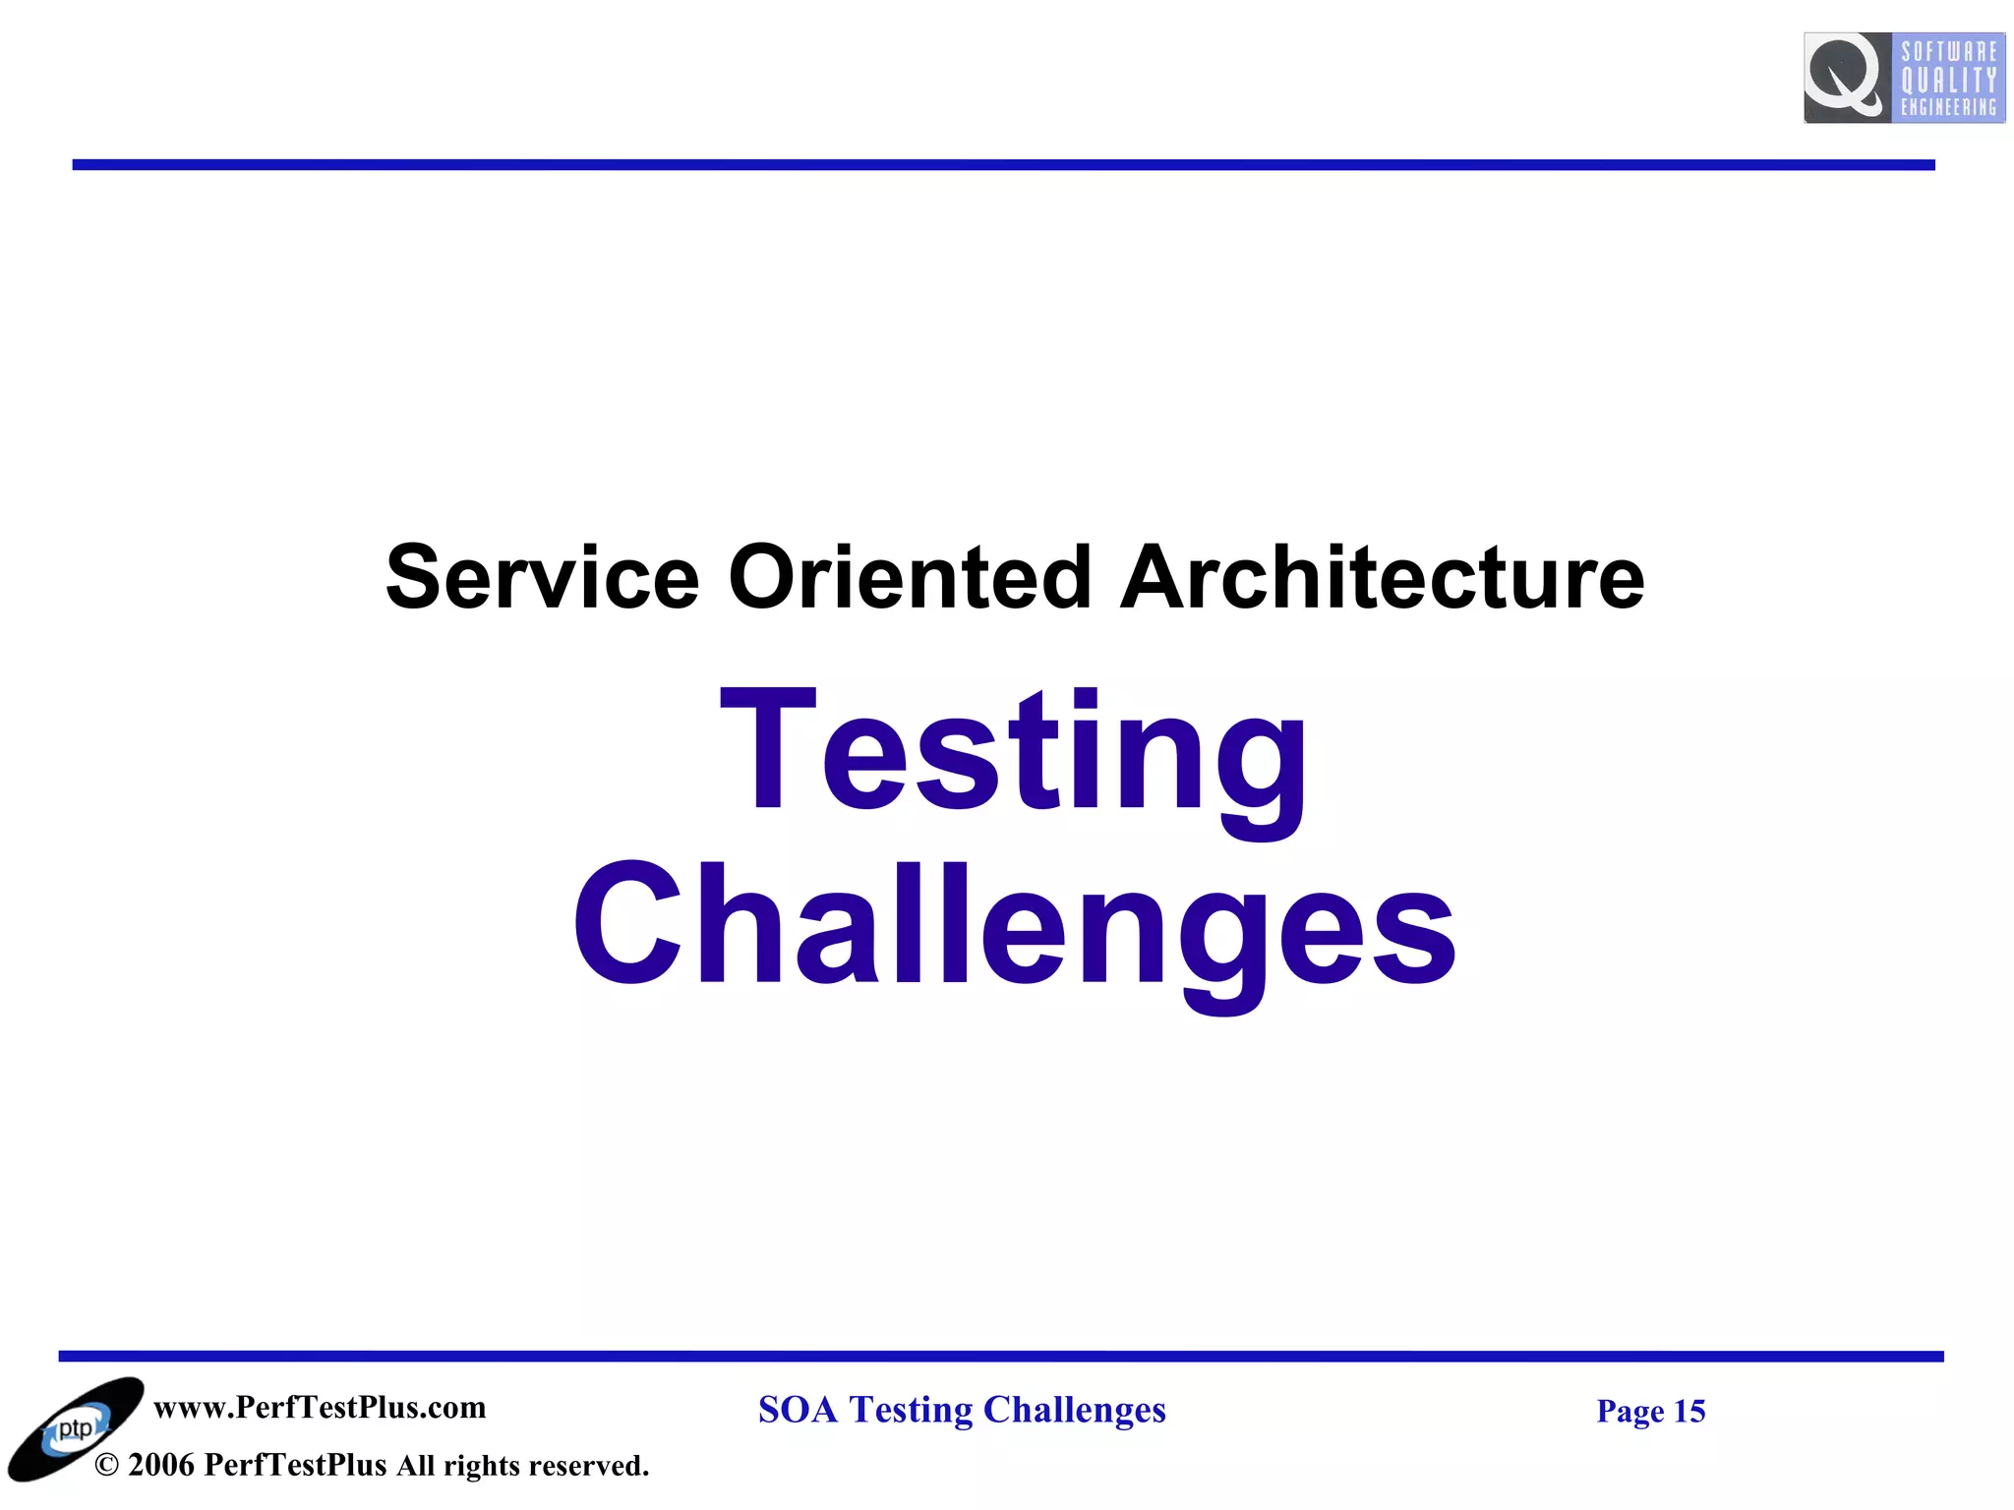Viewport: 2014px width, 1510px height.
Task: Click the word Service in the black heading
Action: pyautogui.click(x=542, y=577)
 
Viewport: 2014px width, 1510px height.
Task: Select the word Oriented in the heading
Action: pyautogui.click(x=910, y=577)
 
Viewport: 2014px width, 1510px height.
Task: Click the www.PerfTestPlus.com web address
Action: pyautogui.click(x=320, y=1408)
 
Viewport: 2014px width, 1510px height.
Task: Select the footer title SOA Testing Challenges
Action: pyautogui.click(x=962, y=1410)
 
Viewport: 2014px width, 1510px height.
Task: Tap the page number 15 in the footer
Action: pyautogui.click(x=1689, y=1412)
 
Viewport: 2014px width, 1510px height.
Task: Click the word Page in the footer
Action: pyautogui.click(x=1630, y=1412)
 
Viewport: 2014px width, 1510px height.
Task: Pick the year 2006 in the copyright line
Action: pyautogui.click(x=161, y=1466)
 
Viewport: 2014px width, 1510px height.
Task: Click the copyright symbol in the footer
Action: pyautogui.click(x=107, y=1466)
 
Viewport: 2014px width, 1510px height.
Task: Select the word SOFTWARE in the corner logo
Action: pyautogui.click(x=1948, y=51)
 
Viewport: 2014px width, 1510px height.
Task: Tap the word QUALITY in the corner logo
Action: pyautogui.click(x=1948, y=80)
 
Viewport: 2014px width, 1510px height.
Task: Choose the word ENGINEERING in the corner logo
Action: pyautogui.click(x=1948, y=107)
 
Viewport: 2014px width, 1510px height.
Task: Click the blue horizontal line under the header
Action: pyautogui.click(x=1003, y=165)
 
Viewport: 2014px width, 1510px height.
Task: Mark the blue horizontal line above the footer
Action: pyautogui.click(x=1001, y=1357)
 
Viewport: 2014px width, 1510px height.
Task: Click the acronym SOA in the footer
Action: pyautogui.click(x=798, y=1410)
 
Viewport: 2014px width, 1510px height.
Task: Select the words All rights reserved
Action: pyautogui.click(x=522, y=1466)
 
